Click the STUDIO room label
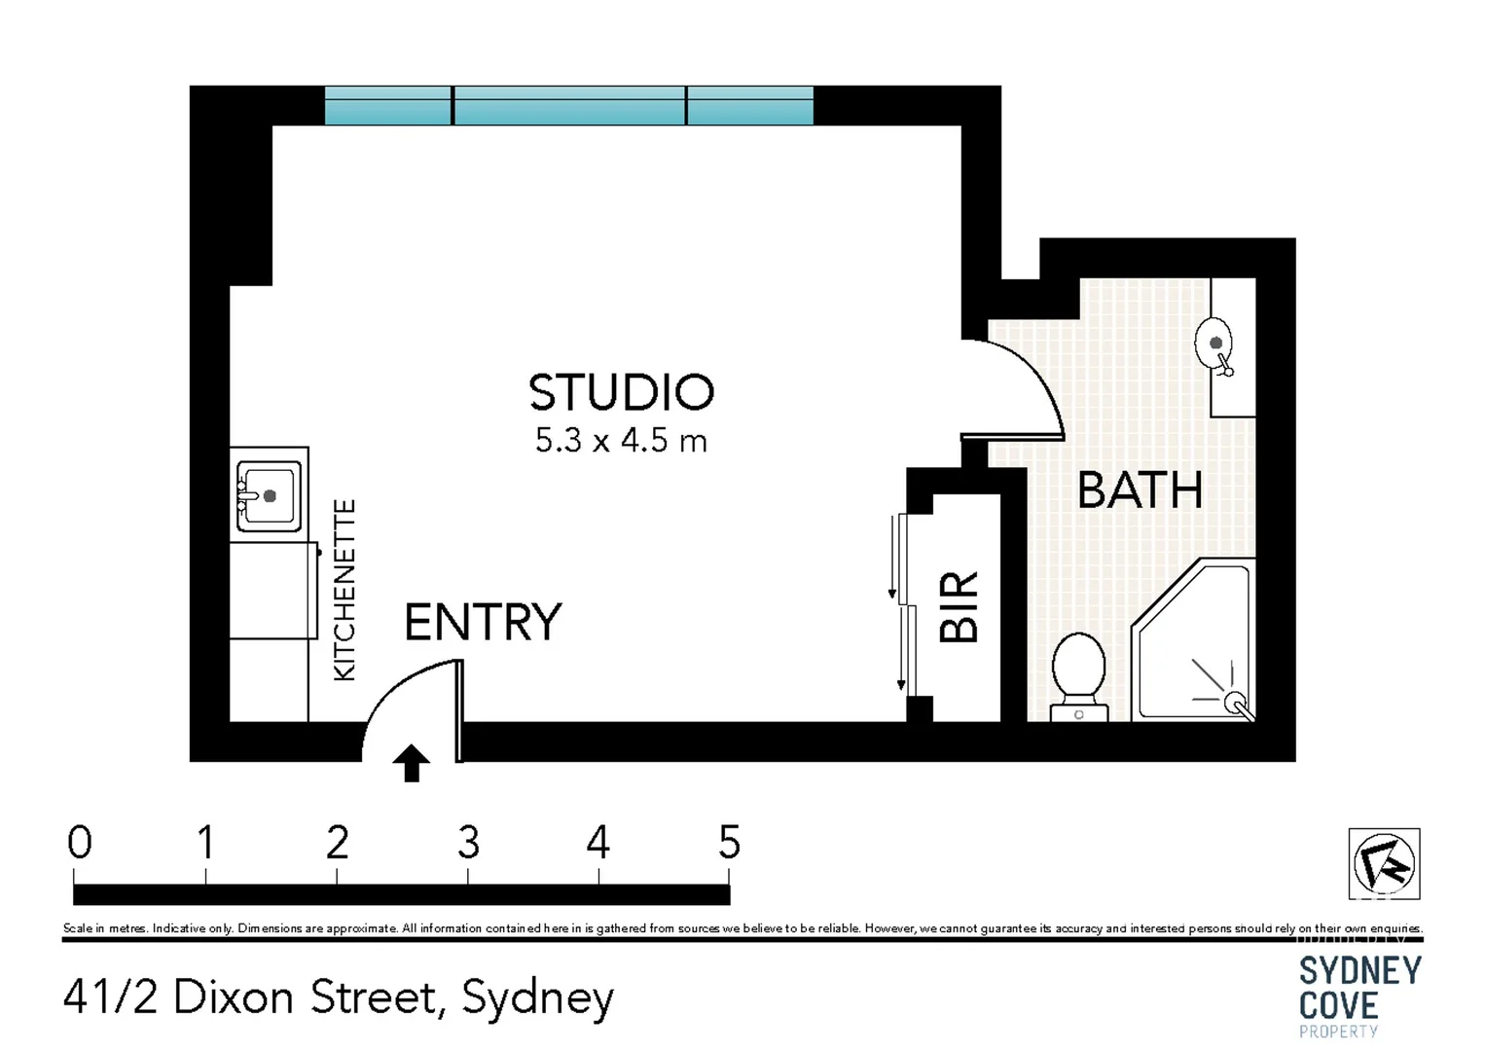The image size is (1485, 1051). click(621, 392)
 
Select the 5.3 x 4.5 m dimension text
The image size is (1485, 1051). click(621, 441)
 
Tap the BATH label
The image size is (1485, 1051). click(1140, 490)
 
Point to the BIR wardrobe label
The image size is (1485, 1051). click(960, 607)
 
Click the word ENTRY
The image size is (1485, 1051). click(483, 623)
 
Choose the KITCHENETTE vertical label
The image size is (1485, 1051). click(344, 590)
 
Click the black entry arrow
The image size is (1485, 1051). click(412, 763)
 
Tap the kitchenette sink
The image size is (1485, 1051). click(269, 496)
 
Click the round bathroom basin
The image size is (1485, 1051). click(1214, 344)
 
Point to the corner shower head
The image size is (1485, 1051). click(1233, 700)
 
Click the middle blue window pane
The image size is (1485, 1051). click(569, 106)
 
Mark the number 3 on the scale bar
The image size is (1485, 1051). click(468, 843)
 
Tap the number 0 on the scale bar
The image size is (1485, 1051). click(80, 843)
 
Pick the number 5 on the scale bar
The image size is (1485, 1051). click(729, 843)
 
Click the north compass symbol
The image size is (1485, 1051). click(1384, 863)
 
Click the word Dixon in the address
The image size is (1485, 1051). click(233, 997)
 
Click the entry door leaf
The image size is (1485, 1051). click(459, 710)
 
